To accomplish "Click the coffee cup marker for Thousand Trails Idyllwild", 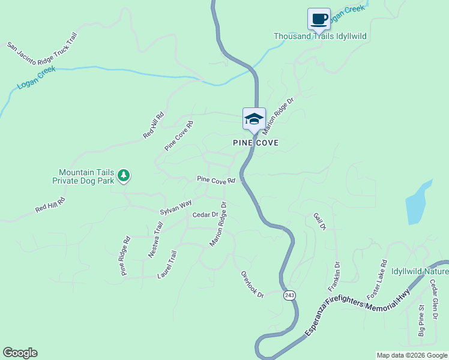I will [x=319, y=19].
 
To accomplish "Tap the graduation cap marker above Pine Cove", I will [x=254, y=118].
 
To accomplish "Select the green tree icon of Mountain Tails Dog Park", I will [x=124, y=176].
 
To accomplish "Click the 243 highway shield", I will [x=290, y=295].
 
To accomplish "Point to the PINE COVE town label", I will [x=256, y=143].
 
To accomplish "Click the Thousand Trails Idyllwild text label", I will [x=320, y=36].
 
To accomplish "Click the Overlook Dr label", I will [x=253, y=284].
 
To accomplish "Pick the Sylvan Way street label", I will [x=175, y=208].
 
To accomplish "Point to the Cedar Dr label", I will [x=205, y=215].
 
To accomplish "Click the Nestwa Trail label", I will [x=156, y=240].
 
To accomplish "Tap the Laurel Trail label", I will [x=167, y=265].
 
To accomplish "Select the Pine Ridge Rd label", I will [x=125, y=256].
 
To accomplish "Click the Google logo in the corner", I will [x=20, y=353].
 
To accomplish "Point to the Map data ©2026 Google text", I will [x=411, y=355].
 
